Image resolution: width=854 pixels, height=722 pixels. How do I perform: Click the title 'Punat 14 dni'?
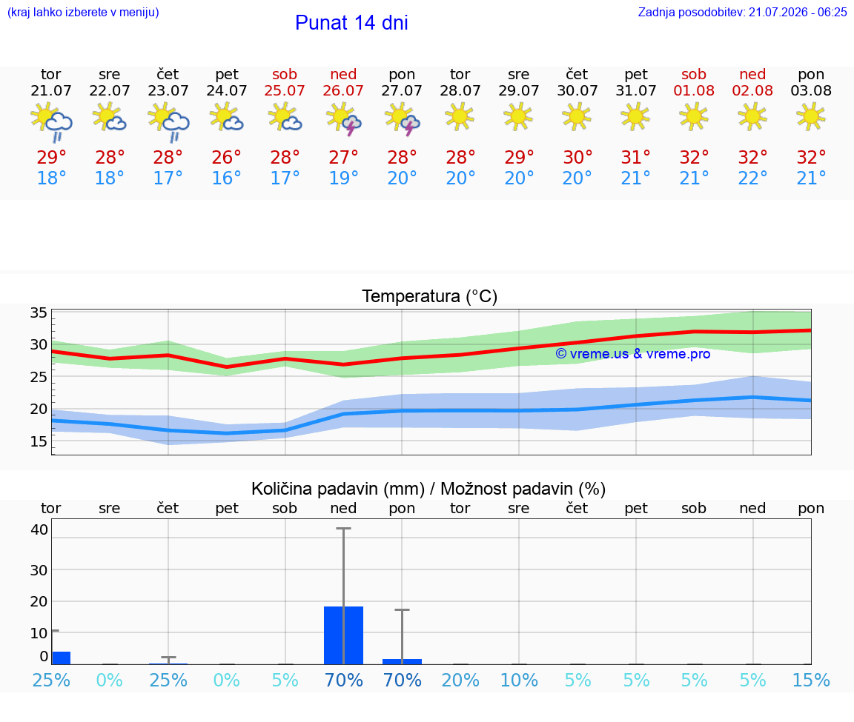coord(351,23)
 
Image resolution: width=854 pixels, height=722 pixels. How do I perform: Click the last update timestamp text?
coord(742,13)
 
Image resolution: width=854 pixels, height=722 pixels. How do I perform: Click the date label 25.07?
coord(285,90)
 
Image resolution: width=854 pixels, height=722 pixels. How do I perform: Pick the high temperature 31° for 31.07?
coord(635,158)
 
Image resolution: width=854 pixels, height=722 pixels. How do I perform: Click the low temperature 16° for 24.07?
coord(226,178)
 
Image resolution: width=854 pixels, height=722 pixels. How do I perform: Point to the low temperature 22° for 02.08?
coord(752,178)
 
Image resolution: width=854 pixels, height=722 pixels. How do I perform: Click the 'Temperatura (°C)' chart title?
coord(430,296)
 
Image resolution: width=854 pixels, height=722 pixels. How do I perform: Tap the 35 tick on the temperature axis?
coord(39,312)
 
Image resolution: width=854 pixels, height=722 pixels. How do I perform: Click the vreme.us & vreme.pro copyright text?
coord(633,354)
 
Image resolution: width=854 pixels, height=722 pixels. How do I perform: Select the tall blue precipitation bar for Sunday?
coord(343,635)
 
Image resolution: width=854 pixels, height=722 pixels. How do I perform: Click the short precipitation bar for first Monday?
coord(402,661)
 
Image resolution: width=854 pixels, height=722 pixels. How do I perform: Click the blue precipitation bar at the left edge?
coord(61,658)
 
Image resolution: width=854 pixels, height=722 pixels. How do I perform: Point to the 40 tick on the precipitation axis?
coord(39,529)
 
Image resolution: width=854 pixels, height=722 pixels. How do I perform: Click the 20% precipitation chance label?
coord(460,680)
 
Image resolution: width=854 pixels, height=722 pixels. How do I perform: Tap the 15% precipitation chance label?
coord(811,680)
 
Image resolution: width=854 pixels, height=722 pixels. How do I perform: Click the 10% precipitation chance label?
coord(519,680)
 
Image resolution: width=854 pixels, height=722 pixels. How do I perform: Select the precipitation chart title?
coord(428,489)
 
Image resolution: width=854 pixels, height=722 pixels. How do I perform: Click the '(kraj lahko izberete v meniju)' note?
coord(83,13)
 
